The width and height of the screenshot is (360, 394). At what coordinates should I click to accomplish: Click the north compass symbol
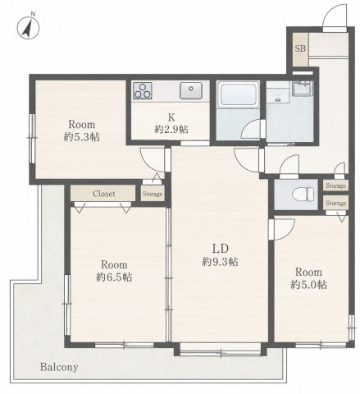[28, 27]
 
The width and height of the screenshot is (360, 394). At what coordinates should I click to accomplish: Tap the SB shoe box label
[300, 48]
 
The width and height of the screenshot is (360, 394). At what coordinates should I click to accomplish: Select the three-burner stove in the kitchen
[142, 90]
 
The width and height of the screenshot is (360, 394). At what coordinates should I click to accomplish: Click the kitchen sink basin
[191, 90]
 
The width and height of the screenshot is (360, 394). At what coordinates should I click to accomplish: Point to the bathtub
[238, 94]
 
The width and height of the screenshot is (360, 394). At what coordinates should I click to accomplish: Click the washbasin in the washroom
[303, 88]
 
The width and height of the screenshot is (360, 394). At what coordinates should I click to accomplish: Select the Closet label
[104, 194]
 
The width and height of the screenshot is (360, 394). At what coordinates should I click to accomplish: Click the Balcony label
[59, 367]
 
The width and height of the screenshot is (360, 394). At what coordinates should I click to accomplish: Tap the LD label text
[220, 248]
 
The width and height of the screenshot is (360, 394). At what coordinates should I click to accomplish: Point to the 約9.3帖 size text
[220, 262]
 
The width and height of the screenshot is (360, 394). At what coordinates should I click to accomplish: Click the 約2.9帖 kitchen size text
[171, 129]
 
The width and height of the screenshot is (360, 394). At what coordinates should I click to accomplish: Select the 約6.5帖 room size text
[114, 277]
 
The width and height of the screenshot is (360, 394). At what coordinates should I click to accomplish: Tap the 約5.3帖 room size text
[81, 137]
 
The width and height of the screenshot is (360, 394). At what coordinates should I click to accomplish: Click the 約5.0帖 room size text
[308, 285]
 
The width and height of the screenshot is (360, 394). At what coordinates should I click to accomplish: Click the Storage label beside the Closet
[153, 194]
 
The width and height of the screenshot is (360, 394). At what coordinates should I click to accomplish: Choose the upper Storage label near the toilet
[336, 186]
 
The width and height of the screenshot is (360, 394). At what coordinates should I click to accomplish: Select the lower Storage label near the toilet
[336, 204]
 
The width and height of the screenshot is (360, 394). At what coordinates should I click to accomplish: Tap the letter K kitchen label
[171, 117]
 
